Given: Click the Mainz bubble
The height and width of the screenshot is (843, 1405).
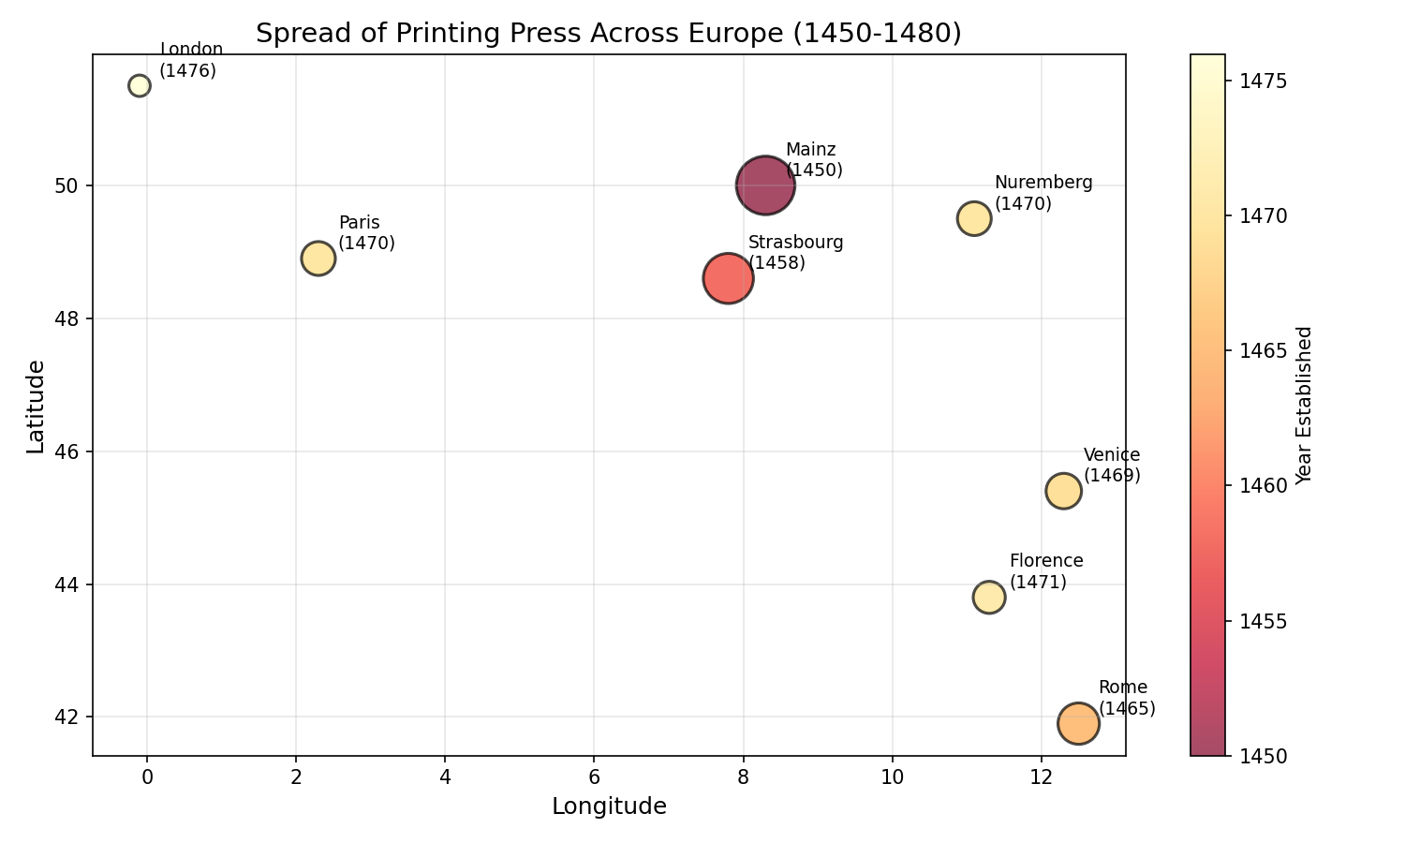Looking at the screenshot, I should pos(765,185).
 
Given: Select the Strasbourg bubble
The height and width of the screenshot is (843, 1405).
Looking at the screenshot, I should pos(728,278).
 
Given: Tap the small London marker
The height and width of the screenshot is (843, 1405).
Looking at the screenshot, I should pos(140,85).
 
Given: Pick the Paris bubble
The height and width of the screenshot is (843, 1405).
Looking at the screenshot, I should pos(318,258).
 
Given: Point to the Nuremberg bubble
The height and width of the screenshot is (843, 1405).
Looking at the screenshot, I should pos(974,218).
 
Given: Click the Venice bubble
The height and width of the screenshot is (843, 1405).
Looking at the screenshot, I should pos(1063,491).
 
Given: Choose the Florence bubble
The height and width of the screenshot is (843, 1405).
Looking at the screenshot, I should pos(989,597).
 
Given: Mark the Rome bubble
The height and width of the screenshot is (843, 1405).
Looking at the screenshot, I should pos(1078,723).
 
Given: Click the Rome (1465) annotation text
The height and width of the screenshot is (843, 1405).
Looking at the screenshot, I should pos(1127,698).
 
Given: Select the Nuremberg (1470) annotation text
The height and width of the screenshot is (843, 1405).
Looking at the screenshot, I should pos(1043,193).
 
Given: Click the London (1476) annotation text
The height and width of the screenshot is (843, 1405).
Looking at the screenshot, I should pos(191,60).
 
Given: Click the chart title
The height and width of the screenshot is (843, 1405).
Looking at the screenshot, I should pos(608,34).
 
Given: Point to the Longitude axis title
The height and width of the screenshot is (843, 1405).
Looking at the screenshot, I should pos(609,806).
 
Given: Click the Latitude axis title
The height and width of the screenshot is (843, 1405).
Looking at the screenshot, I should pos(36,407).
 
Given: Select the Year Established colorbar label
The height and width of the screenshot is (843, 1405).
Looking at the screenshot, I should pos(1304,405).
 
